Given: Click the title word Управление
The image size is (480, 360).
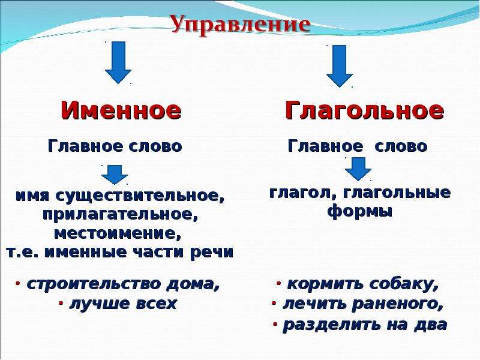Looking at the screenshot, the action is click(240, 25).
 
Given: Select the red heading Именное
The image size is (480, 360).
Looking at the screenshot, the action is click(121, 110).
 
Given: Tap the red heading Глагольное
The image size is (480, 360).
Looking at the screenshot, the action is click(364, 110).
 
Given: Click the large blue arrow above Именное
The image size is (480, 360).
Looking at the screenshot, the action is click(118, 62).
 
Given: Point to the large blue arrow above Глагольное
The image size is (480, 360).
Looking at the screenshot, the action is click(339, 66).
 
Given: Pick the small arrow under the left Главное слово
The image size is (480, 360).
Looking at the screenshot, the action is click(115, 175).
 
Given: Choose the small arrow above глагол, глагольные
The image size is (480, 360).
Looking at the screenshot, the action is click(358, 169).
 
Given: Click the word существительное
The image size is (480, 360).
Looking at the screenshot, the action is click(139, 196).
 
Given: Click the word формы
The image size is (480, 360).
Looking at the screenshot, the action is click(359, 212).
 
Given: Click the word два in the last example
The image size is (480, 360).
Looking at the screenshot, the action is click(431, 325).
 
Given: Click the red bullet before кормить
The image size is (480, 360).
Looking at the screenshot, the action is click(278, 283).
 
